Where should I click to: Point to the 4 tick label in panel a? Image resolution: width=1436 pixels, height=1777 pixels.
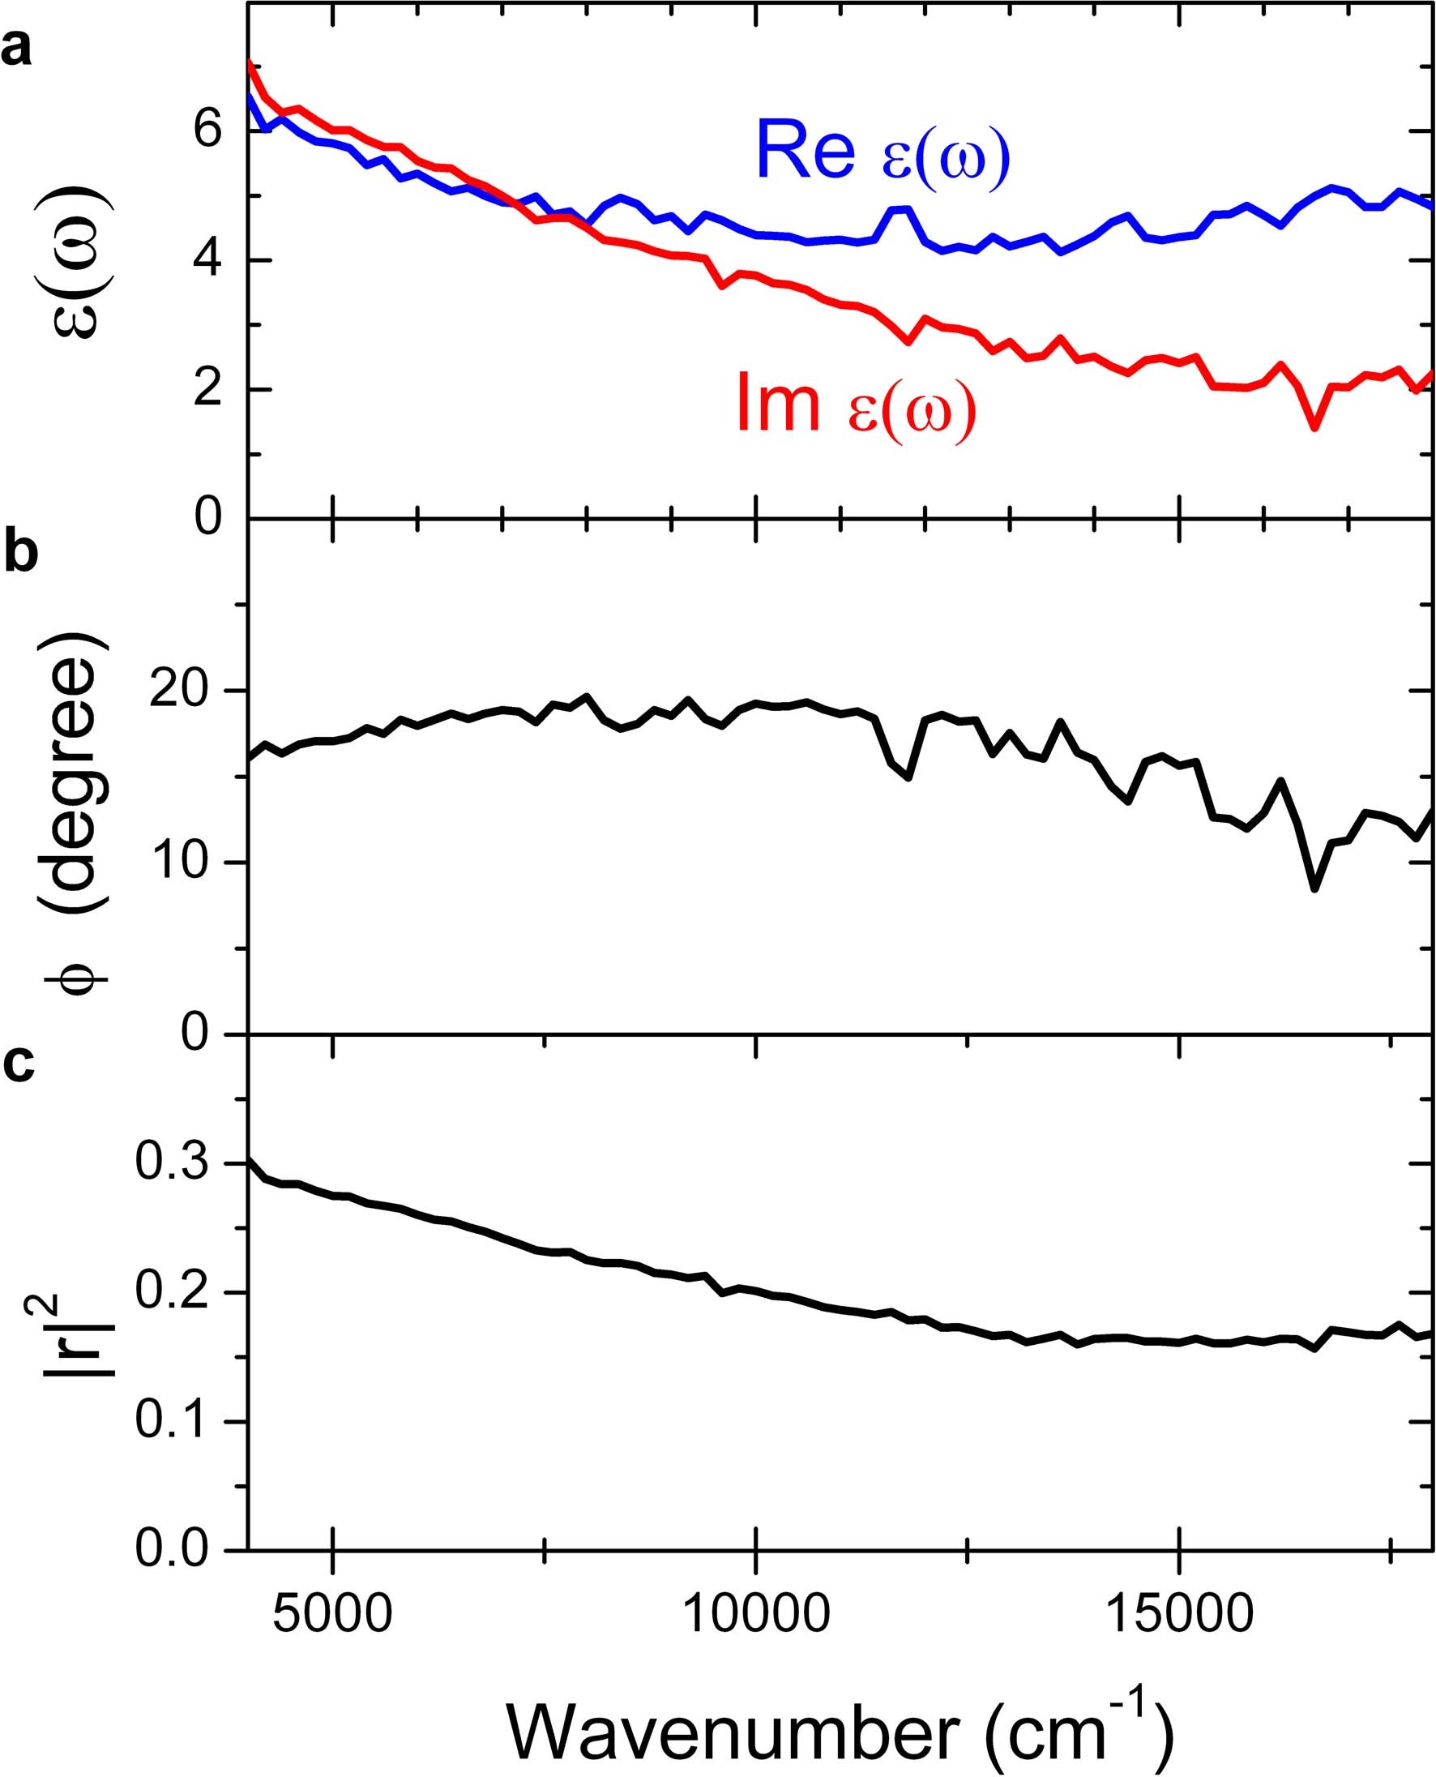click(209, 261)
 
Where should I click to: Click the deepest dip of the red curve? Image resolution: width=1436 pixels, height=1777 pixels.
click(1314, 427)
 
